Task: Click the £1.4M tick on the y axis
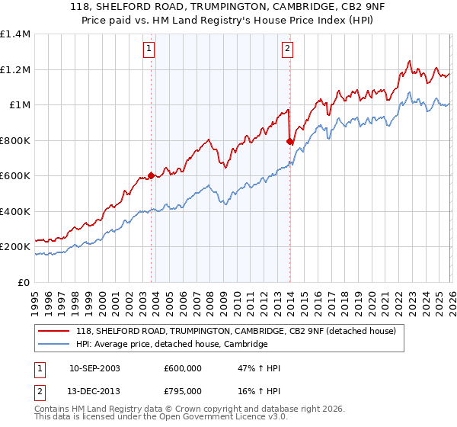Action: (x=15, y=34)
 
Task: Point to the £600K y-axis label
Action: (x=15, y=175)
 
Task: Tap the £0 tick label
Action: (x=24, y=282)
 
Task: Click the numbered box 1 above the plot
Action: (x=148, y=50)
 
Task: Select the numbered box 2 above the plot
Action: (x=287, y=50)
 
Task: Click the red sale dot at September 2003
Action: (x=152, y=175)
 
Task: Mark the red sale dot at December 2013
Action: (x=290, y=141)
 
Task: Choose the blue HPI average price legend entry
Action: (x=171, y=345)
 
